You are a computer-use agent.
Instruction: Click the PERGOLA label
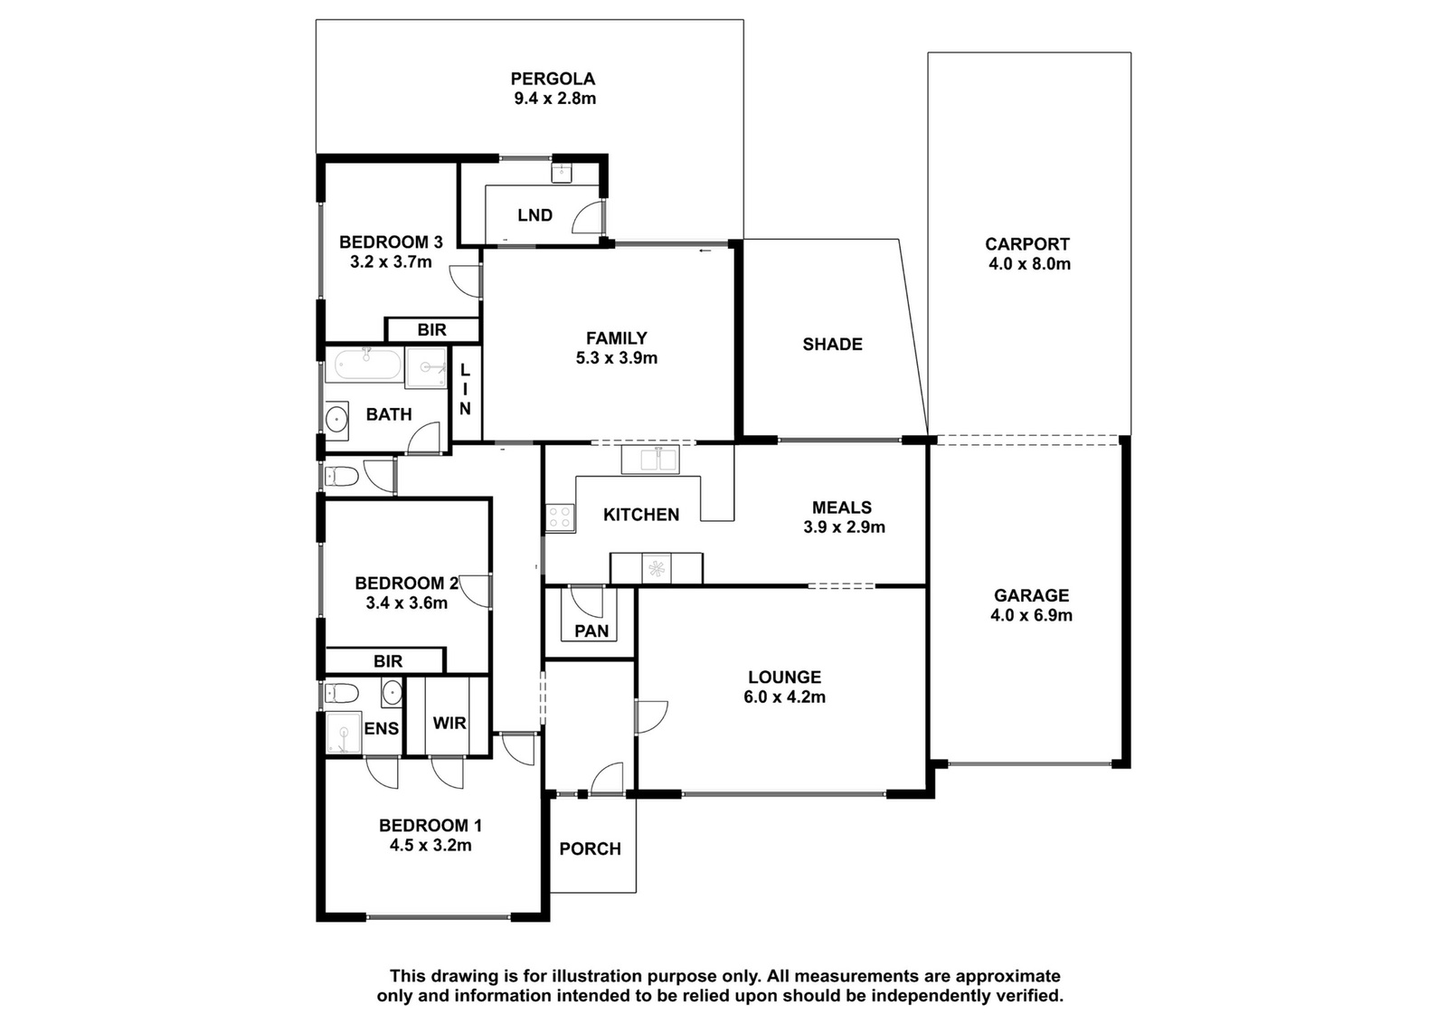pyautogui.click(x=553, y=79)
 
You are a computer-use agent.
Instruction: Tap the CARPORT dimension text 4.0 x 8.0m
pyautogui.click(x=1029, y=263)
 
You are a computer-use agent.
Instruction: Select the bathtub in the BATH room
pyautogui.click(x=367, y=365)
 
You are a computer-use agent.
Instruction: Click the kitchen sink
pyautogui.click(x=650, y=460)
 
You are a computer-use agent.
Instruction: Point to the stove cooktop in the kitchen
pyautogui.click(x=560, y=518)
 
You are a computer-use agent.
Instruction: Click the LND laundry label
pyautogui.click(x=534, y=215)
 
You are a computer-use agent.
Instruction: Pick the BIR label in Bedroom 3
pyautogui.click(x=431, y=330)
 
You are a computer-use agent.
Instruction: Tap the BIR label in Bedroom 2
pyautogui.click(x=388, y=661)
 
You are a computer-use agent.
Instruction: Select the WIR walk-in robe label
pyautogui.click(x=449, y=722)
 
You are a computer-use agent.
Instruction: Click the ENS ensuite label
pyautogui.click(x=381, y=729)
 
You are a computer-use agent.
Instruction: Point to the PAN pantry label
pyautogui.click(x=591, y=631)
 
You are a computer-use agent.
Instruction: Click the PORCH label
pyautogui.click(x=590, y=849)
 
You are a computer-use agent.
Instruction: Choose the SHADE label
pyautogui.click(x=832, y=345)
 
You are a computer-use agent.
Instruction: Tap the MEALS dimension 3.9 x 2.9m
pyautogui.click(x=844, y=527)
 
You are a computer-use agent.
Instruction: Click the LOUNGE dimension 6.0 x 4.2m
pyautogui.click(x=784, y=697)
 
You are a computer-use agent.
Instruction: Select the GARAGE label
pyautogui.click(x=1031, y=595)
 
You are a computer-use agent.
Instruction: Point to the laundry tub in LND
pyautogui.click(x=562, y=173)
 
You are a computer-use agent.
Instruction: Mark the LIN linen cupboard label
pyautogui.click(x=465, y=389)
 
